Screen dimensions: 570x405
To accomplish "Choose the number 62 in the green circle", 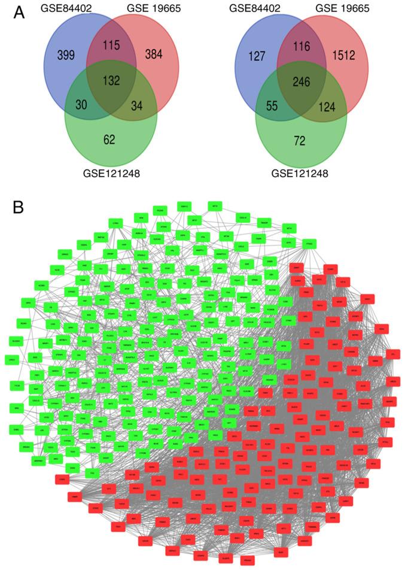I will coord(109,142).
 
